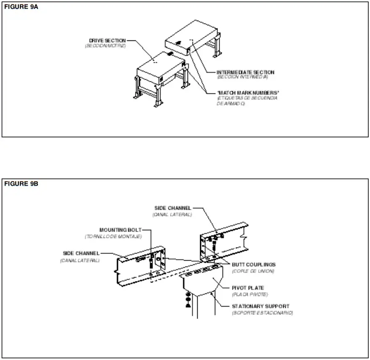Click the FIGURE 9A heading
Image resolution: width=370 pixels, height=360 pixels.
coord(21,7)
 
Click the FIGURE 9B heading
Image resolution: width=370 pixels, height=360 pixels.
coord(21,184)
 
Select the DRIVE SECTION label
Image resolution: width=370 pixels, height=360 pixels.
coord(107,40)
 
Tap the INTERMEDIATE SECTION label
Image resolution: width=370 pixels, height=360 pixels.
coord(245,72)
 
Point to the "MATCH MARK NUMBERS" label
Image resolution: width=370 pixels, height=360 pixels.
coord(248,93)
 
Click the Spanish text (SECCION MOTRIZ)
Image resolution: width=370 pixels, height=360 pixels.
coord(105,45)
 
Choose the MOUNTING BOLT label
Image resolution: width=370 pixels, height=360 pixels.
coord(120,230)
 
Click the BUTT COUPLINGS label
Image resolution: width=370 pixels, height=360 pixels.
coord(254,265)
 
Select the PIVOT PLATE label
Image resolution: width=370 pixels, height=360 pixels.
coord(248,288)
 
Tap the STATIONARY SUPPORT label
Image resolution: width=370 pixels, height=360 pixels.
coord(260,306)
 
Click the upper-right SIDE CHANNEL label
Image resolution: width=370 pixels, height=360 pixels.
coord(173,208)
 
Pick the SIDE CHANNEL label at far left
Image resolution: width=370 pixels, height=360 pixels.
coord(81,253)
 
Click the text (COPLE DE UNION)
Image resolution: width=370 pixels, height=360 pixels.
coord(253,271)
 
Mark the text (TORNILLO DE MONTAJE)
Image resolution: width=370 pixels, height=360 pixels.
coord(113,237)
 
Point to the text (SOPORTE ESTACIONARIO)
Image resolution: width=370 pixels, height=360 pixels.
coord(262,313)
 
